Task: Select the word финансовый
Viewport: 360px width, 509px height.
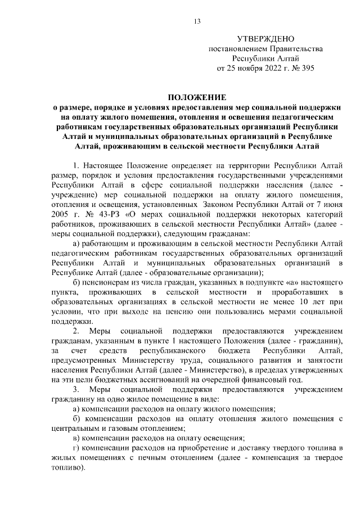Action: pyautogui.click(x=259, y=380)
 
